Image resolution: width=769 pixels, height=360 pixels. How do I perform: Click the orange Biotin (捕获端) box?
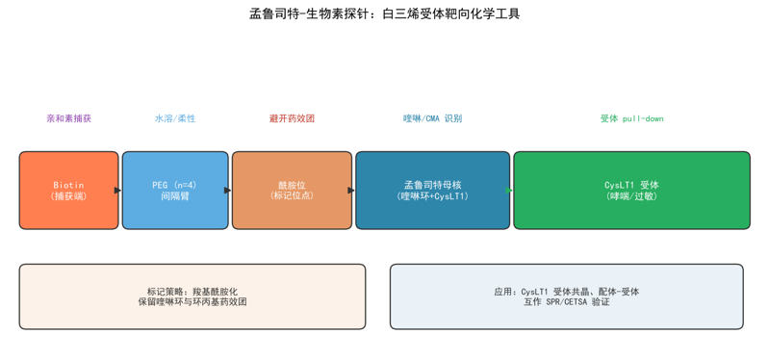coord(68,191)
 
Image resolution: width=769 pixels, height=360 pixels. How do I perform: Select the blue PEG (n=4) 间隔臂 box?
coord(175,191)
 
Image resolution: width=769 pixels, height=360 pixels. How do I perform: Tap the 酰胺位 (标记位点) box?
coord(292,191)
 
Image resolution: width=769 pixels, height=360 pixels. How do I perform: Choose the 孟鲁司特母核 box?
coord(432,191)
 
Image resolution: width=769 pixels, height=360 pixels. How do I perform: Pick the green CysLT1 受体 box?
coord(631,191)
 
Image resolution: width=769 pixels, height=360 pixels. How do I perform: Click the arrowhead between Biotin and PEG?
coord(117,191)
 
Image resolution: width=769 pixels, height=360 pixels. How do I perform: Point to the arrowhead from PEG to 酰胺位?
coord(227,191)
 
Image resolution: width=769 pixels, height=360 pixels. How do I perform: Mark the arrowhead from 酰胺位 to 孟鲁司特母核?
coord(351,191)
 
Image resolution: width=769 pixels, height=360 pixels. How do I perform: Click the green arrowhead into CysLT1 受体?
coord(509,191)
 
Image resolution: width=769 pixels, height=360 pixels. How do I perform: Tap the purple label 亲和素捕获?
coord(68,118)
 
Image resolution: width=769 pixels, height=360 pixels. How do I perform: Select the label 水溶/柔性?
coord(175,118)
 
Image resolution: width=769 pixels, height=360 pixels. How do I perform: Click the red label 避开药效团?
coord(292,118)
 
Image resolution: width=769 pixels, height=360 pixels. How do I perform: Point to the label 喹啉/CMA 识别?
coord(432,118)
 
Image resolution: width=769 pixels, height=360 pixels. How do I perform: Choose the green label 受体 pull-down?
coord(631,118)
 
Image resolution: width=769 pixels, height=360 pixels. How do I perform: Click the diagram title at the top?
coord(385,14)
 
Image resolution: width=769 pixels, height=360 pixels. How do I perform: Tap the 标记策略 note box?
coord(192,296)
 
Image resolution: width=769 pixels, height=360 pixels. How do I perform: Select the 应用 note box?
coord(567,296)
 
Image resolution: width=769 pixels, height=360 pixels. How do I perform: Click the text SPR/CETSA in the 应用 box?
coord(564,302)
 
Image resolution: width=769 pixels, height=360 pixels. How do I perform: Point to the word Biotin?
coord(68,186)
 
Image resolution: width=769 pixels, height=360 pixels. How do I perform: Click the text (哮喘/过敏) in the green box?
coord(631,195)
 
